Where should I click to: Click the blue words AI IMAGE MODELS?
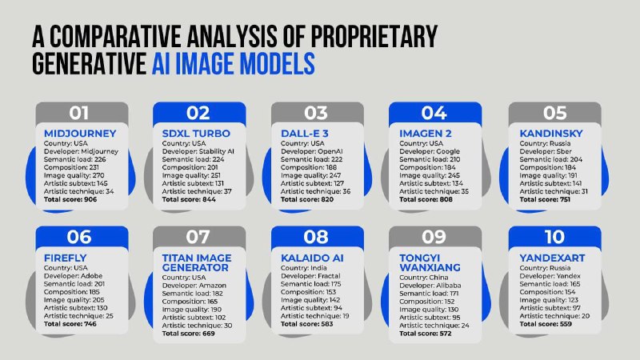pyautogui.click(x=233, y=64)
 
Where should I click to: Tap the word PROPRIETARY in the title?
pyautogui.click(x=374, y=36)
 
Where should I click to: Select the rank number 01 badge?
pyautogui.click(x=78, y=113)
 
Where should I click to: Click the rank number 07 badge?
pyautogui.click(x=198, y=237)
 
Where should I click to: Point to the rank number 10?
pyautogui.click(x=554, y=237)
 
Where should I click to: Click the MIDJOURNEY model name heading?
pyautogui.click(x=80, y=134)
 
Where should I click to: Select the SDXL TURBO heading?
pyautogui.click(x=196, y=134)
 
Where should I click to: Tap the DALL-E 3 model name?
pyautogui.click(x=305, y=134)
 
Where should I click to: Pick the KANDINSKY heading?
pyautogui.click(x=551, y=134)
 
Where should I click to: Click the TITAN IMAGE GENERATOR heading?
pyautogui.click(x=197, y=263)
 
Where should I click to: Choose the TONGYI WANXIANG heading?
pyautogui.click(x=430, y=263)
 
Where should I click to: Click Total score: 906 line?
pyautogui.click(x=70, y=199)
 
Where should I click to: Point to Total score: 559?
pyautogui.click(x=546, y=324)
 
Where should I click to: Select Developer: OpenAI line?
pyautogui.click(x=312, y=151)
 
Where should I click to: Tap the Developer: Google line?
pyautogui.click(x=430, y=151)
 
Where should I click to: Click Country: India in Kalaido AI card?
pyautogui.click(x=304, y=268)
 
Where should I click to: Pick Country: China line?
pyautogui.click(x=424, y=278)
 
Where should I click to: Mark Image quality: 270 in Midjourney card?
pyautogui.click(x=74, y=175)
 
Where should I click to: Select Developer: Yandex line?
pyautogui.click(x=550, y=276)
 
